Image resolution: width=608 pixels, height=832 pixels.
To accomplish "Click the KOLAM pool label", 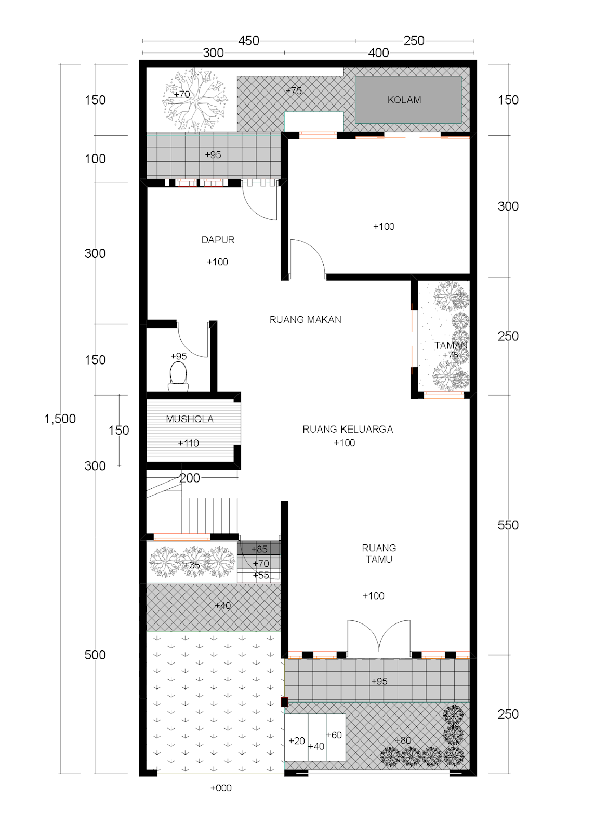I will click(404, 100).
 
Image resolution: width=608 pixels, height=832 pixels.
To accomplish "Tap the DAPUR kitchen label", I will click(218, 240).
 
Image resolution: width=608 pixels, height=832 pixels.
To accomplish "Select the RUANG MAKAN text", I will click(305, 320).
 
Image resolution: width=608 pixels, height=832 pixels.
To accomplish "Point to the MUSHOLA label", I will click(190, 419).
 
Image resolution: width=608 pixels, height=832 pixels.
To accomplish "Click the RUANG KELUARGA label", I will click(348, 430).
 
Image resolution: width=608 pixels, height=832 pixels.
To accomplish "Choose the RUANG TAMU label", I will click(379, 554).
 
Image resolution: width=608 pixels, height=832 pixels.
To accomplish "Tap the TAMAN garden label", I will click(451, 345).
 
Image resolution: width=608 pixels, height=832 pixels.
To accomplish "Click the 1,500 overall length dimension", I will click(60, 419).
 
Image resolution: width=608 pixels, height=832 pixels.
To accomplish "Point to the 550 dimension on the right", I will click(508, 525).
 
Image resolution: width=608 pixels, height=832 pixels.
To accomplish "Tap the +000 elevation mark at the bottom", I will click(221, 788).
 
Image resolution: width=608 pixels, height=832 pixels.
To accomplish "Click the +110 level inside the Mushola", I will click(188, 444).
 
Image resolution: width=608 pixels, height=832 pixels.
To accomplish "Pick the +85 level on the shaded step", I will click(259, 549).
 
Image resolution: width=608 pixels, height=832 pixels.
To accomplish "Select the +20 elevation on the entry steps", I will click(296, 741).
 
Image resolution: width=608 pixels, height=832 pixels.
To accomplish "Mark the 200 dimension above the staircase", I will click(190, 478).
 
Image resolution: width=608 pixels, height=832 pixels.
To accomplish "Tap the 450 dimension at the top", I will click(248, 41).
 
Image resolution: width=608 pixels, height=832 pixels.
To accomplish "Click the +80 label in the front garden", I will click(403, 740).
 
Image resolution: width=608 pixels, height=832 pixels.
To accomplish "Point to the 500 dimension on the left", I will click(95, 655).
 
